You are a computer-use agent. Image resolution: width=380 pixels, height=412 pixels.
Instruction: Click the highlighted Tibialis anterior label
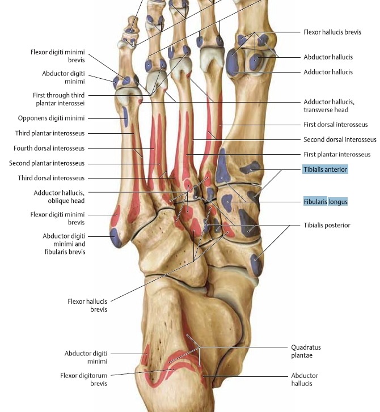(x=326, y=169)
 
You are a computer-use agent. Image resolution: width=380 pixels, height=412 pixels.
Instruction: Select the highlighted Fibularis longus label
(x=326, y=202)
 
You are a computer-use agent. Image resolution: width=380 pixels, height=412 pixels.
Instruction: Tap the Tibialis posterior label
(x=327, y=225)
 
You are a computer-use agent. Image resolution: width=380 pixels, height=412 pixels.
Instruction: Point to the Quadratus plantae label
(x=306, y=351)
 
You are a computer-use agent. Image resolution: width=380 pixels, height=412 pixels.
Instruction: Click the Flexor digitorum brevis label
(x=83, y=380)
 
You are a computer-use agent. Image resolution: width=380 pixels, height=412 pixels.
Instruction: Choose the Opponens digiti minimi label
(x=51, y=118)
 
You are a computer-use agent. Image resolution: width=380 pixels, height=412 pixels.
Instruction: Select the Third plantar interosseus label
(x=50, y=133)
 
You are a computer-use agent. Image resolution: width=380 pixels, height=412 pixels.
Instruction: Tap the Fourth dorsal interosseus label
(x=49, y=148)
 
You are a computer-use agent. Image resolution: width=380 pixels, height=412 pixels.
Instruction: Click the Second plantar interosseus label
(x=47, y=163)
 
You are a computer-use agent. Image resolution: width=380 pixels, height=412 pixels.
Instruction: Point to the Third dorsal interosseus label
(x=51, y=178)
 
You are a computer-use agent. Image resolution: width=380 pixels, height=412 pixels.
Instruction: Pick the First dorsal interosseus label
(x=336, y=125)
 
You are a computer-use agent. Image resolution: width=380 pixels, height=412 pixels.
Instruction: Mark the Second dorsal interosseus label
(x=340, y=139)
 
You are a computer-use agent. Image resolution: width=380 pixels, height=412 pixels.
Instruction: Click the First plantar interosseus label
(x=337, y=155)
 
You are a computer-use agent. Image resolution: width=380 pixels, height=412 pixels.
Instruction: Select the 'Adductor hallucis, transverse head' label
(x=329, y=105)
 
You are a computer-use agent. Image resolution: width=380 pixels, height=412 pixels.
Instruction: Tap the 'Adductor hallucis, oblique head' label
(x=59, y=197)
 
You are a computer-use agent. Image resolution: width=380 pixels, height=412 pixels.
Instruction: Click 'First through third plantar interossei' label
(x=58, y=99)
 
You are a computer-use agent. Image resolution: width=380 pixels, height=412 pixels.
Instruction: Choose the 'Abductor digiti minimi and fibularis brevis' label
(x=64, y=244)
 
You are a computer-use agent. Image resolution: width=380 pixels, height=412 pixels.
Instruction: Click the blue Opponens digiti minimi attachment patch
(x=125, y=117)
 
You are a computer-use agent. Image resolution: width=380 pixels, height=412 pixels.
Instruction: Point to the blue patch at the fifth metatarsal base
(x=116, y=238)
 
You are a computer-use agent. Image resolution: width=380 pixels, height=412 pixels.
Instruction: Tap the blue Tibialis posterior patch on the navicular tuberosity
(x=256, y=265)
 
